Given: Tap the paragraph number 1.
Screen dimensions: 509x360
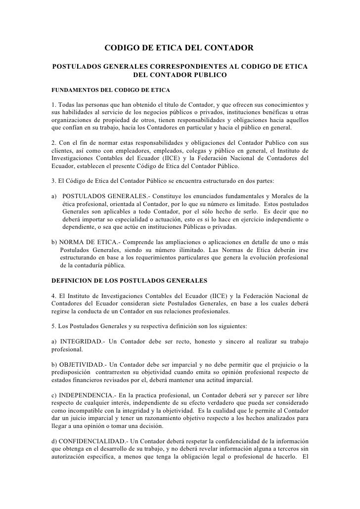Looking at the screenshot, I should pyautogui.click(x=53, y=105).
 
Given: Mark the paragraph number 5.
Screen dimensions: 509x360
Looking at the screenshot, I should pyautogui.click(x=53, y=327).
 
